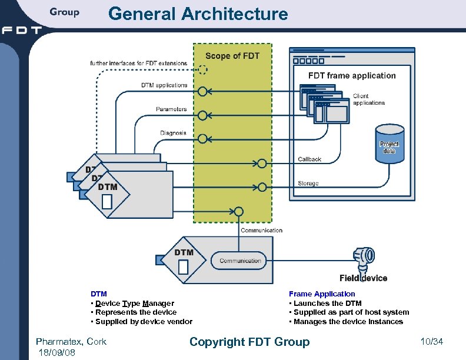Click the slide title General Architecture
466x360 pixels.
(198, 14)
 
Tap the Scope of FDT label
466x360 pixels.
(232, 56)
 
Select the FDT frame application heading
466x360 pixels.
(352, 75)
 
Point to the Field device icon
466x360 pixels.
(363, 257)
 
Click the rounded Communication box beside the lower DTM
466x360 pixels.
(240, 261)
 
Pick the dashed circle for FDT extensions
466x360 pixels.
(202, 69)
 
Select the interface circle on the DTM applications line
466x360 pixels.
(202, 91)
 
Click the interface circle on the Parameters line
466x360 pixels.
(202, 115)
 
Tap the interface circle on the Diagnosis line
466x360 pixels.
(202, 139)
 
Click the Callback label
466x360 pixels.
(309, 159)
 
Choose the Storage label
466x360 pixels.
(308, 184)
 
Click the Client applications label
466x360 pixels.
(369, 99)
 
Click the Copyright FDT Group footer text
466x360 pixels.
(249, 342)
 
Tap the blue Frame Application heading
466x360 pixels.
(322, 294)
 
